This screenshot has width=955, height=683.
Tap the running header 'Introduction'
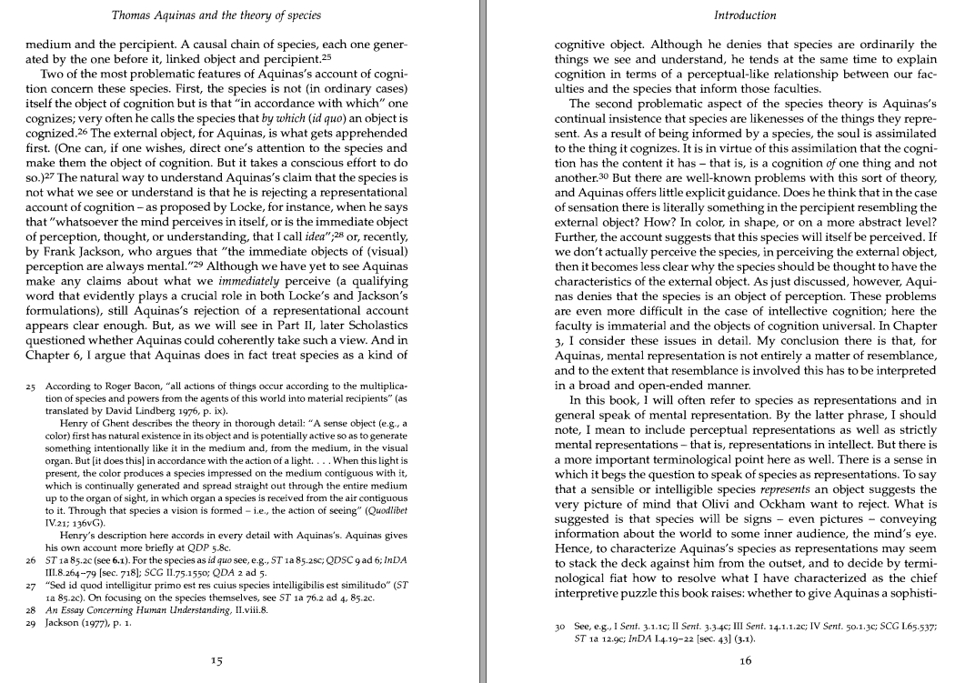(745, 15)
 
